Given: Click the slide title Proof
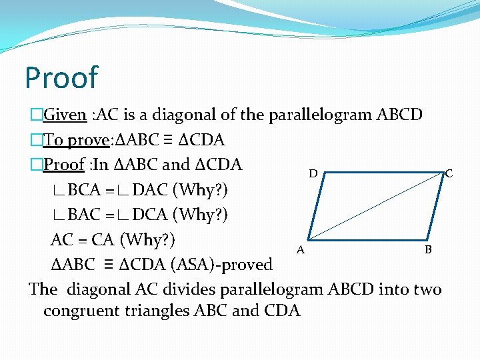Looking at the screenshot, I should point(61,77).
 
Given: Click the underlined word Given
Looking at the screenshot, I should point(65,115).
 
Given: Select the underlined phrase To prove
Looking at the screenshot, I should point(75,140).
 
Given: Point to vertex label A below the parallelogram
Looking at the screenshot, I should point(301,250).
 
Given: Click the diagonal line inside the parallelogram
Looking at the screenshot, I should point(377,205).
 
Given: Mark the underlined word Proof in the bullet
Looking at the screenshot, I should point(65,164).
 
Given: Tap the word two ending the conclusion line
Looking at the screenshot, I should point(427,289).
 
